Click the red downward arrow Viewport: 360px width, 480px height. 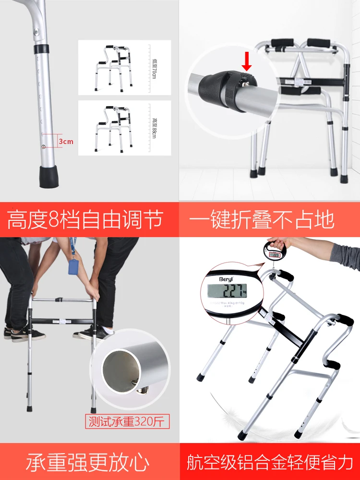point(247,60)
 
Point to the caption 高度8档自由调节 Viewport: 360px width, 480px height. point(85,220)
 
